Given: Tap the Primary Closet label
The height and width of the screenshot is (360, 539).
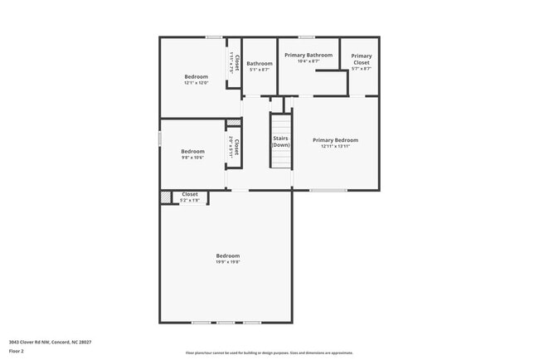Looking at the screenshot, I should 362,59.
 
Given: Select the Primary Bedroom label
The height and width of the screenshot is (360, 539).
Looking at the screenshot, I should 335,140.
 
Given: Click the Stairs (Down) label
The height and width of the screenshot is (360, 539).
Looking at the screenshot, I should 280,141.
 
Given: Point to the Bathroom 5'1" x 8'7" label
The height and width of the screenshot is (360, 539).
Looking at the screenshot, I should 259,66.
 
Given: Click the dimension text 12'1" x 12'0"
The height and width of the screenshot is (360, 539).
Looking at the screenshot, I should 196,83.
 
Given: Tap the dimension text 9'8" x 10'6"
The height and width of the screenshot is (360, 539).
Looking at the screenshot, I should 192,158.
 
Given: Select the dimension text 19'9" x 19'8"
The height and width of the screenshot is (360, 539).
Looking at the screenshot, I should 228,262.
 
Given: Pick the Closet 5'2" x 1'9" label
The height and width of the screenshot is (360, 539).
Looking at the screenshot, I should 190,197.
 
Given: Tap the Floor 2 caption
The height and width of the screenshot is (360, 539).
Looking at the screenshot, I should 17,351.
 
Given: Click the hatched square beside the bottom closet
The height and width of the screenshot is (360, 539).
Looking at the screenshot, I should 165,197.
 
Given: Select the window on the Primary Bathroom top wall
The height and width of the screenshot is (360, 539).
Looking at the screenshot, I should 307,36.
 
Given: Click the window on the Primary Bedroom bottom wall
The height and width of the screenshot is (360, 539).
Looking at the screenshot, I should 328,191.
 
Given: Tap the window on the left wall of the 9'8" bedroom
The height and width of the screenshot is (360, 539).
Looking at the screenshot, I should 160,139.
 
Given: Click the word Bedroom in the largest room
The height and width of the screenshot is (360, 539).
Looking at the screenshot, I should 228,255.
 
